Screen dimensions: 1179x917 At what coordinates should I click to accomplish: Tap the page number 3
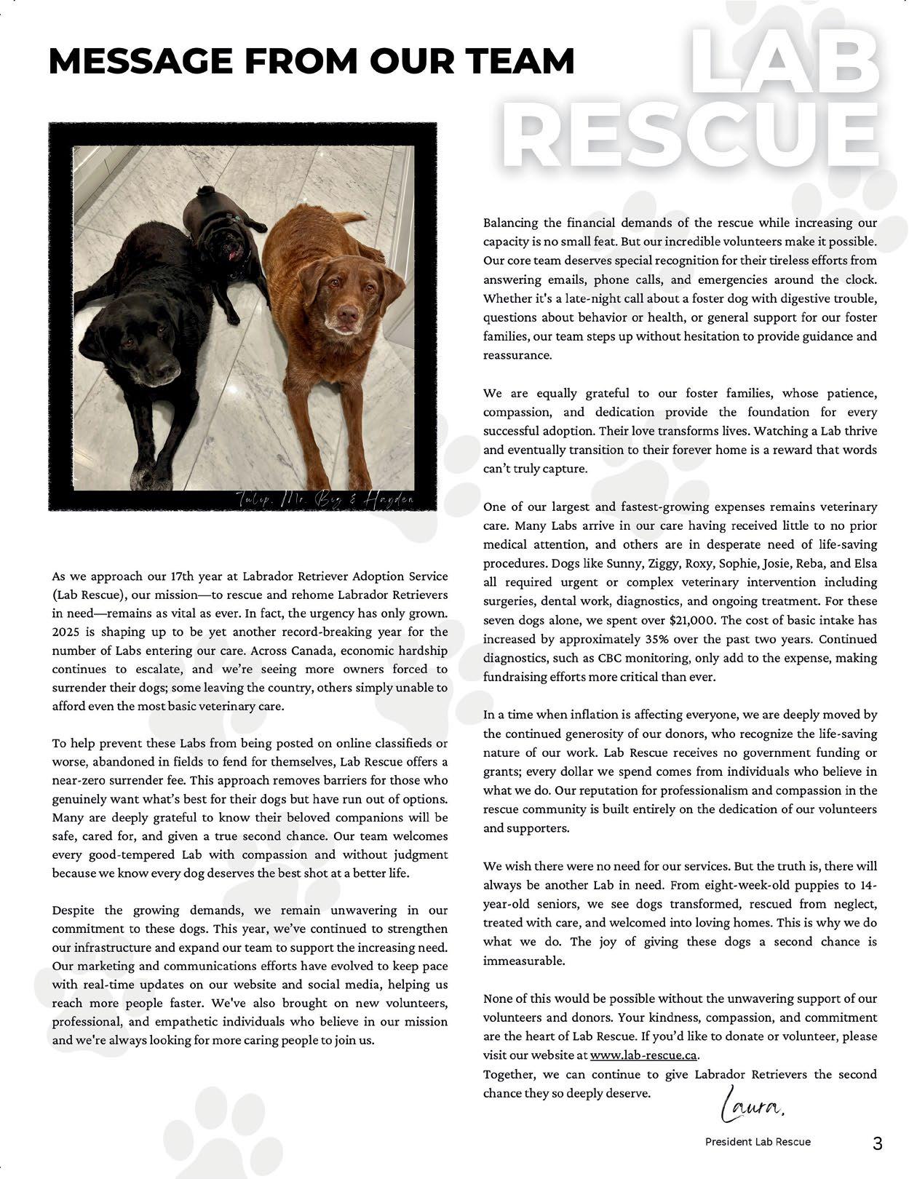tap(877, 1143)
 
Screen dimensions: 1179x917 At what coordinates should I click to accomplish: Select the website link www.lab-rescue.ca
tap(644, 1055)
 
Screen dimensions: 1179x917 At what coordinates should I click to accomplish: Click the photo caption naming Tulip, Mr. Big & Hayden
tap(325, 499)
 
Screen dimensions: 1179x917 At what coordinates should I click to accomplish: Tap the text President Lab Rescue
tap(757, 1142)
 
